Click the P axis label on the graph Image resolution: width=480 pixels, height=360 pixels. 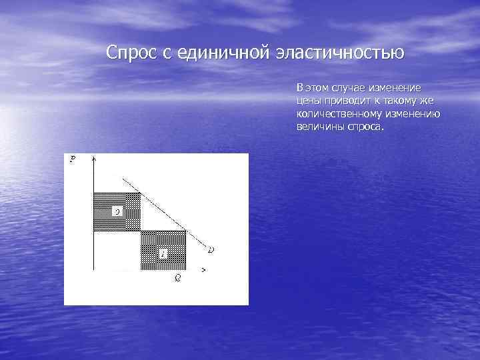(x=72, y=158)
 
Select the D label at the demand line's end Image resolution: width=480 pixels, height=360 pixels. (x=211, y=250)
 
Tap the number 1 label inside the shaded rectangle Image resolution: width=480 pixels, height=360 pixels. (x=163, y=254)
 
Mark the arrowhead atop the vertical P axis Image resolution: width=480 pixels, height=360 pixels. (x=94, y=160)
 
